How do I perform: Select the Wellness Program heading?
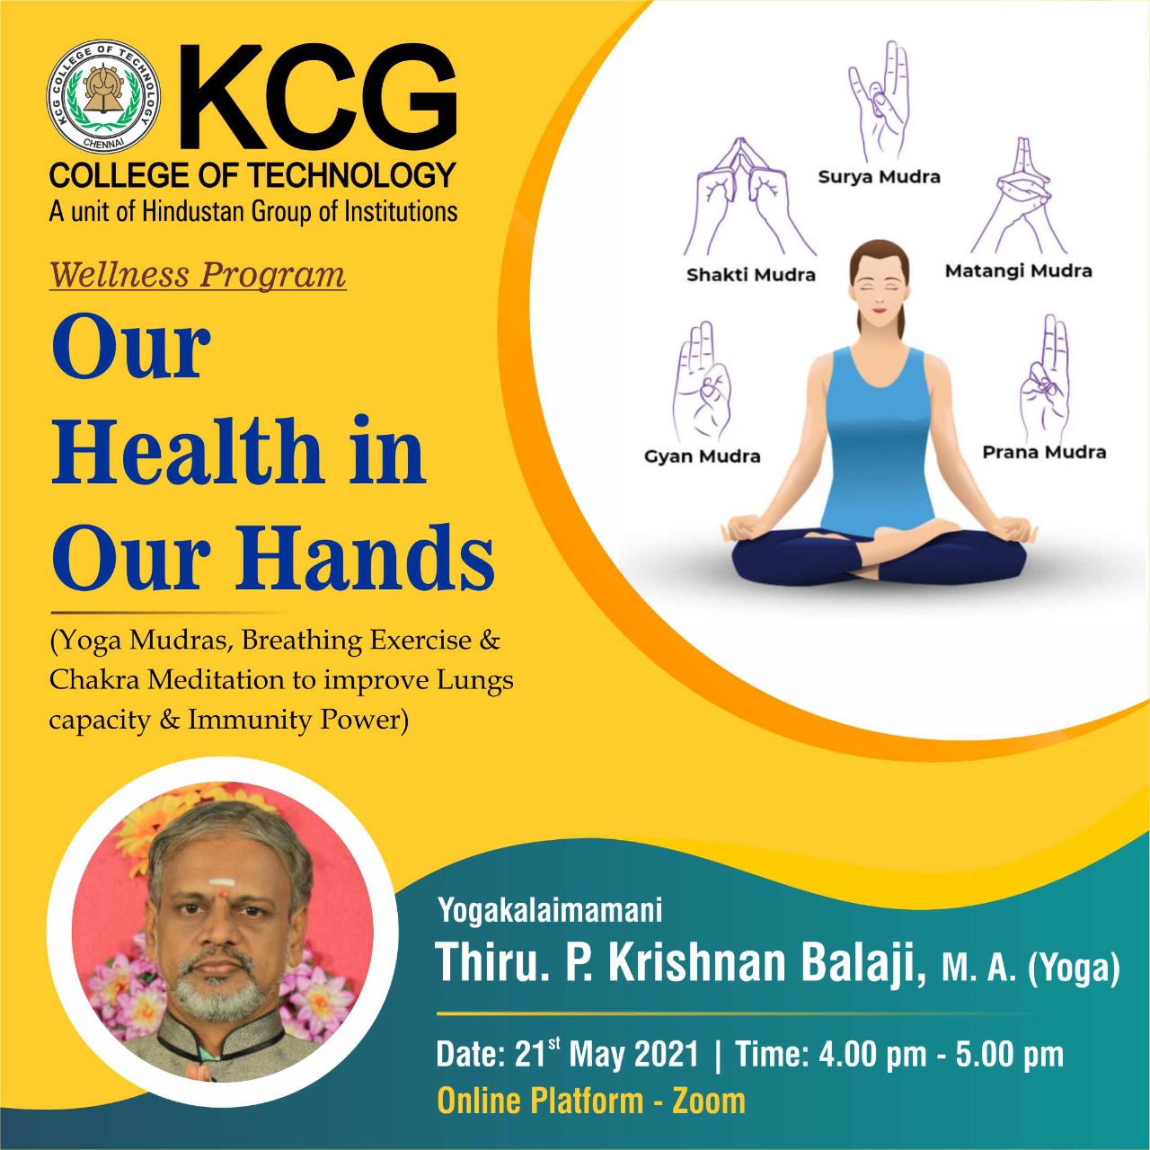[x=198, y=275]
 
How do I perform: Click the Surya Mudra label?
[x=879, y=177]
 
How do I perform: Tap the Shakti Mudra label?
[x=751, y=275]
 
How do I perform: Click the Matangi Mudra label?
[x=1018, y=271]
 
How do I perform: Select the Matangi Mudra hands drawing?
[x=1018, y=197]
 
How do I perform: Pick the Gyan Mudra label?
[x=703, y=456]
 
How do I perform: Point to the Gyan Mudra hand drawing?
[x=702, y=382]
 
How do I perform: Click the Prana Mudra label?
[x=1044, y=452]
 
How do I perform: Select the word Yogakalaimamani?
[x=550, y=911]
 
